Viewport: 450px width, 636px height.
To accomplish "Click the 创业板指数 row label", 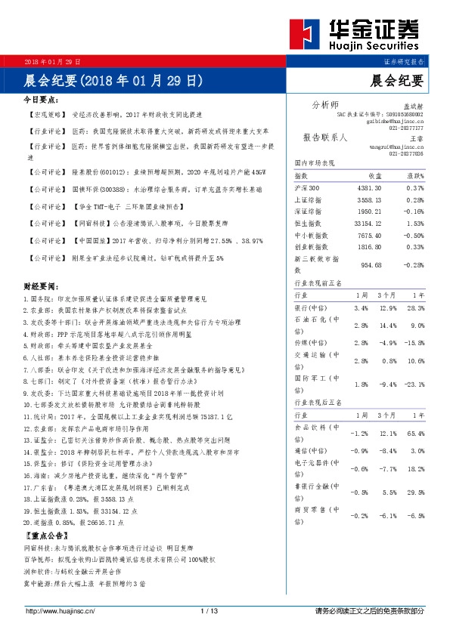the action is (x=311, y=246).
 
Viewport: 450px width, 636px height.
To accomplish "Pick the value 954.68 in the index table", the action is (x=367, y=265).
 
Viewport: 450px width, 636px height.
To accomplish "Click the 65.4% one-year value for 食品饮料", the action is (x=414, y=434).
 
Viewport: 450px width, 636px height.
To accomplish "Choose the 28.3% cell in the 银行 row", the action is (x=413, y=309).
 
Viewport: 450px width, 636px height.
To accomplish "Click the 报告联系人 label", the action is (x=324, y=138).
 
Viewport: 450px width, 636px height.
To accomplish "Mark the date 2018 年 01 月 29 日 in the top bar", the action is (x=54, y=61).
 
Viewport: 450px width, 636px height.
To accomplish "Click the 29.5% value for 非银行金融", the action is (x=414, y=492).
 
